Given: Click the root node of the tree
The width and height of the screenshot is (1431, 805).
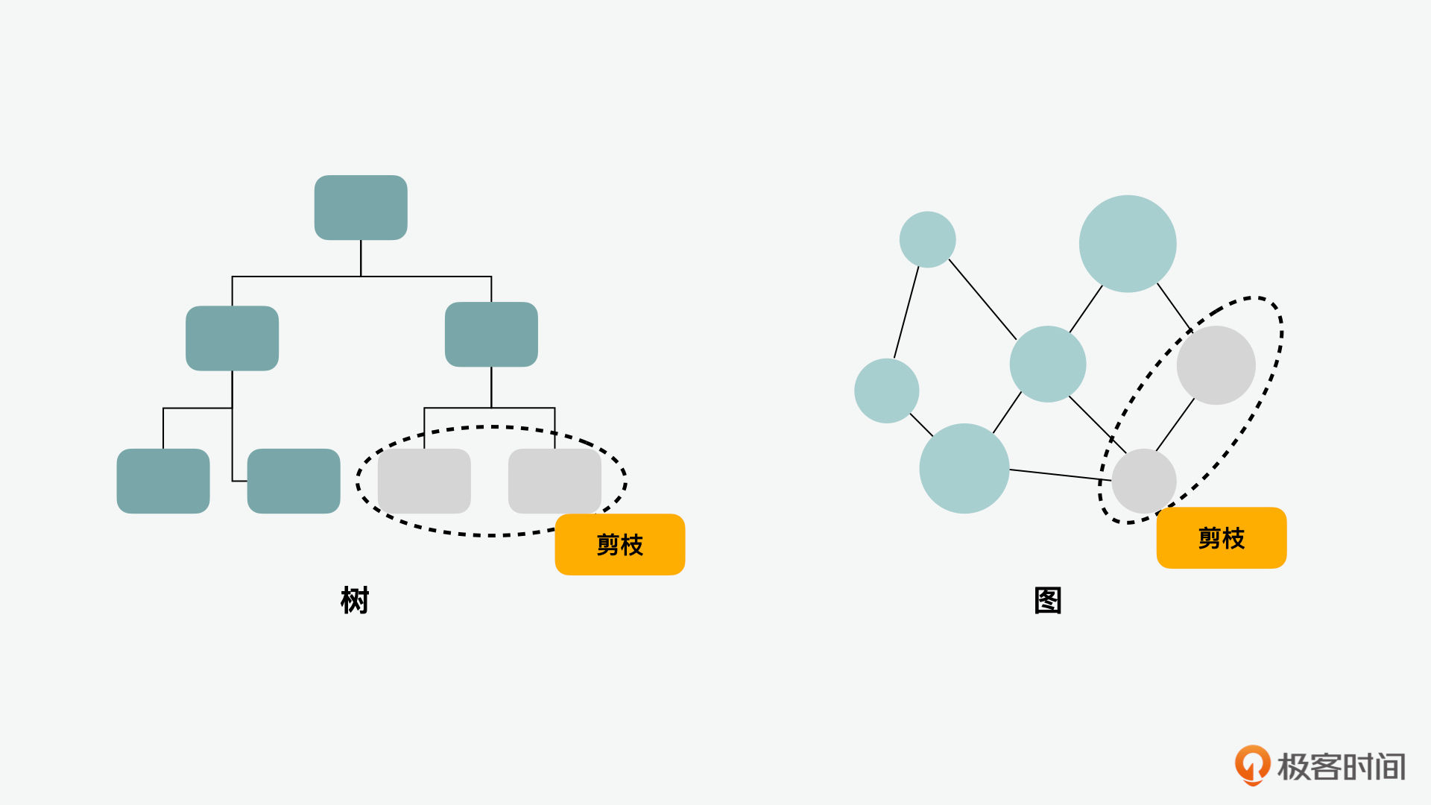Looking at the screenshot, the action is click(x=361, y=207).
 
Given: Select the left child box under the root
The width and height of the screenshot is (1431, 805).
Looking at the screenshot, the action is click(x=232, y=338).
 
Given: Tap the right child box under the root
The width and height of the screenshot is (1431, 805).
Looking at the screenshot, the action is click(x=491, y=334).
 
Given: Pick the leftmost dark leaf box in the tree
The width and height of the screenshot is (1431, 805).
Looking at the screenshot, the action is click(x=163, y=481).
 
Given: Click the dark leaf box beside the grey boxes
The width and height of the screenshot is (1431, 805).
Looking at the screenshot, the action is click(x=294, y=481).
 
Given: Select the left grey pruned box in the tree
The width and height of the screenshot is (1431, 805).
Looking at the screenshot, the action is click(x=424, y=481).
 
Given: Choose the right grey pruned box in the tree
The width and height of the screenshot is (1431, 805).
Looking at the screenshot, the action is click(x=555, y=481).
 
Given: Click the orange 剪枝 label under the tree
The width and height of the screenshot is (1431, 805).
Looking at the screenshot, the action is click(x=620, y=544).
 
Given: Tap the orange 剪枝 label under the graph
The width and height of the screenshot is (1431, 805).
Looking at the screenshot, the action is click(x=1222, y=537).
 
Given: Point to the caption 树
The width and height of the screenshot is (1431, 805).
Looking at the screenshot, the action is click(x=355, y=600).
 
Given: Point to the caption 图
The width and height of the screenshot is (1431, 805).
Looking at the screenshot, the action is click(x=1048, y=600).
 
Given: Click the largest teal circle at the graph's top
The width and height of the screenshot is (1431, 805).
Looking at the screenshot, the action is click(x=1128, y=244).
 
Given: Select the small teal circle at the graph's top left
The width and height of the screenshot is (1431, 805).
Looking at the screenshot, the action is click(x=928, y=239).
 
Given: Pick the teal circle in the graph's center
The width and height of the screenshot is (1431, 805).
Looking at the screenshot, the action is click(x=1048, y=364).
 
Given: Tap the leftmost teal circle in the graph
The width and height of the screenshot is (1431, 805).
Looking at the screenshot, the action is click(x=887, y=391).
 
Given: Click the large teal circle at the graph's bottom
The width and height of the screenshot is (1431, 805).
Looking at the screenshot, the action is click(x=964, y=468).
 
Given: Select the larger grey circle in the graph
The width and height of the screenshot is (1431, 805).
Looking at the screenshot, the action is click(x=1216, y=365).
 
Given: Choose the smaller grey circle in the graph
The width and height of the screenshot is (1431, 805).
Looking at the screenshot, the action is click(x=1144, y=481).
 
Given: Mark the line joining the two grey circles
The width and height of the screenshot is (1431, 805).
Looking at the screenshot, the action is click(x=1175, y=425).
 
